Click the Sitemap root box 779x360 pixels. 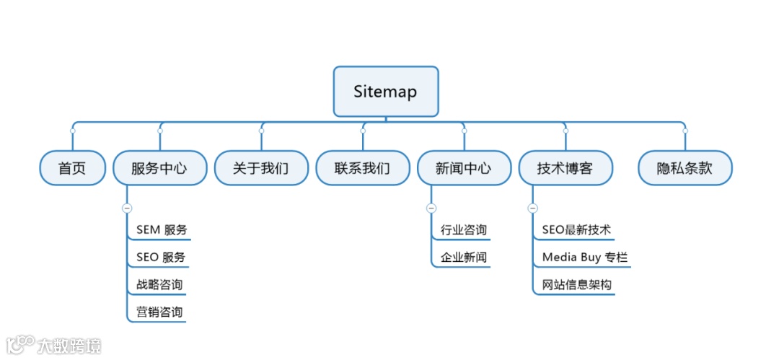pos(385,92)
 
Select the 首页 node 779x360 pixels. pos(72,168)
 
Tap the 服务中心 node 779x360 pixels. pos(159,168)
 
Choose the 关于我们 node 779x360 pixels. pos(261,168)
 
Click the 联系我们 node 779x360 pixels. pos(362,168)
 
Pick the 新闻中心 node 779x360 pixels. pos(464,168)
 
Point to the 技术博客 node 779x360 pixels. pos(565,168)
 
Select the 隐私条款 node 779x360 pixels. pos(685,168)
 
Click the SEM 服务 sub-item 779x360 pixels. pos(162,230)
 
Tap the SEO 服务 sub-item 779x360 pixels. pos(161,258)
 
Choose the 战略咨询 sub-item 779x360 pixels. pos(159,285)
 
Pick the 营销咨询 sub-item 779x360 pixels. pos(159,312)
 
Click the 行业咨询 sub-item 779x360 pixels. pos(464,230)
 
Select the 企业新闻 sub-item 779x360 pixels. pos(464,258)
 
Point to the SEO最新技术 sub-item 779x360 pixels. pos(576,230)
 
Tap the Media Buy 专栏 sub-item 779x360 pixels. pos(585,258)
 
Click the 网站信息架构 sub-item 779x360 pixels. pos(576,285)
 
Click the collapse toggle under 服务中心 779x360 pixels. pos(127,208)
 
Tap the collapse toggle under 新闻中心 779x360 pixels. pos(431,208)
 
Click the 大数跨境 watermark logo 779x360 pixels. pos(55,345)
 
